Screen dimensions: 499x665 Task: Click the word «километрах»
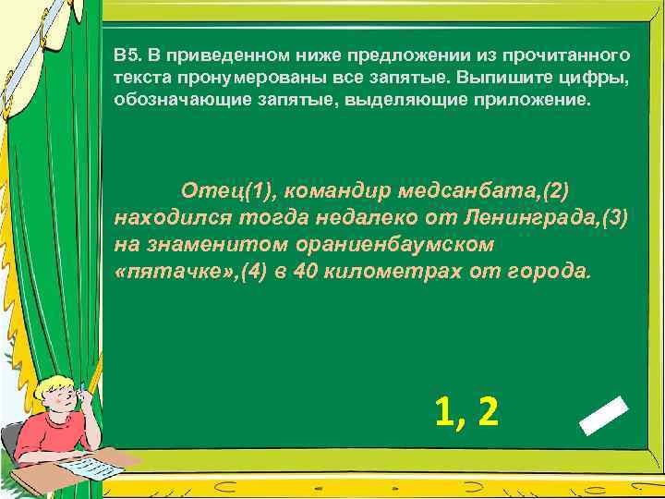point(389,273)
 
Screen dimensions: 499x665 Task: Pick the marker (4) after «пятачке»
point(253,273)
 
